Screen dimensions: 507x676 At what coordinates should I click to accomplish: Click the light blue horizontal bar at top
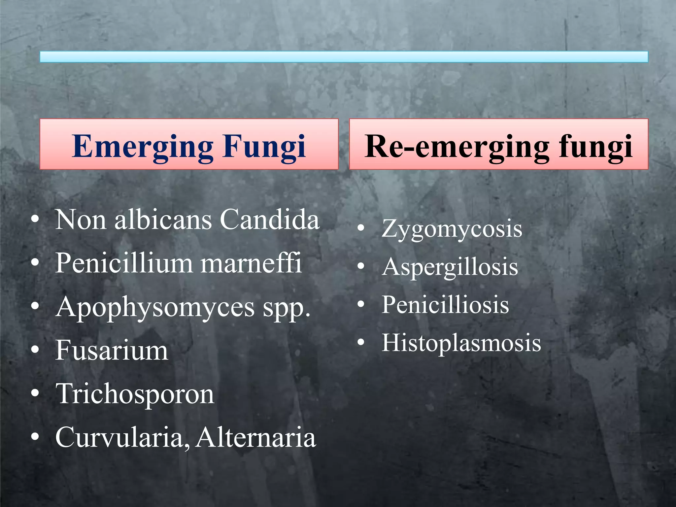pos(344,57)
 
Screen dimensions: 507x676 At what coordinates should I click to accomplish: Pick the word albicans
pos(163,220)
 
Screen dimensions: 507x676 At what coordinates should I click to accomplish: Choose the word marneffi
pos(251,263)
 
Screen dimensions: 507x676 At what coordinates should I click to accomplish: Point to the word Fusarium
pos(112,350)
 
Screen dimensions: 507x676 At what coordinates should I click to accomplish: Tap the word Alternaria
pos(256,437)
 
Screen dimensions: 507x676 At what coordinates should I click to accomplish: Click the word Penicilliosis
pos(445,304)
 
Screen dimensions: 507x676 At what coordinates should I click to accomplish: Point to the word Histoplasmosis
pos(461,343)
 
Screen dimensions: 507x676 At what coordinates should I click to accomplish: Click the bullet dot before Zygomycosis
pos(361,228)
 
